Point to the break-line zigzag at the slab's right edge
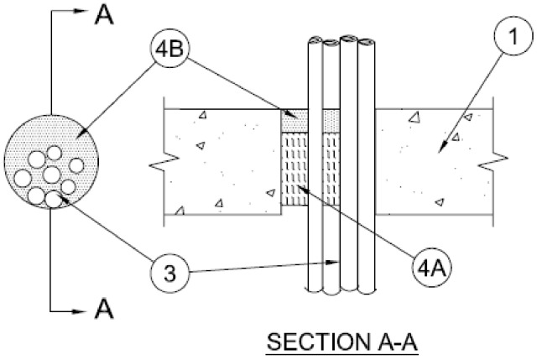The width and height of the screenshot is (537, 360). click(496, 157)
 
